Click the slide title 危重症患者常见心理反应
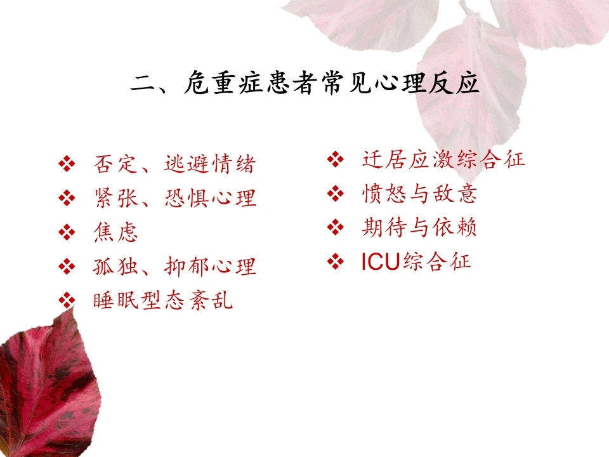332,83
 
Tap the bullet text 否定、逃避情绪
174,164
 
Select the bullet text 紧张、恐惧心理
175,198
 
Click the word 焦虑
115,232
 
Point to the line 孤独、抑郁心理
174,266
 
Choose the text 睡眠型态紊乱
163,300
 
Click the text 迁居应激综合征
443,159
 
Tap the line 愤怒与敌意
419,194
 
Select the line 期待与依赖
419,227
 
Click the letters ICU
381,262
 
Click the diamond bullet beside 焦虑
67,232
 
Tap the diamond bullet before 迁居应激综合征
336,159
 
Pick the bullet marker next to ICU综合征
336,262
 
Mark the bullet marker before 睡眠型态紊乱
67,300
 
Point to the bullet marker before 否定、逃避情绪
67,164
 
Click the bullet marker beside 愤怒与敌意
336,194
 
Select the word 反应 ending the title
454,83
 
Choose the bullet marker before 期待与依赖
336,228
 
